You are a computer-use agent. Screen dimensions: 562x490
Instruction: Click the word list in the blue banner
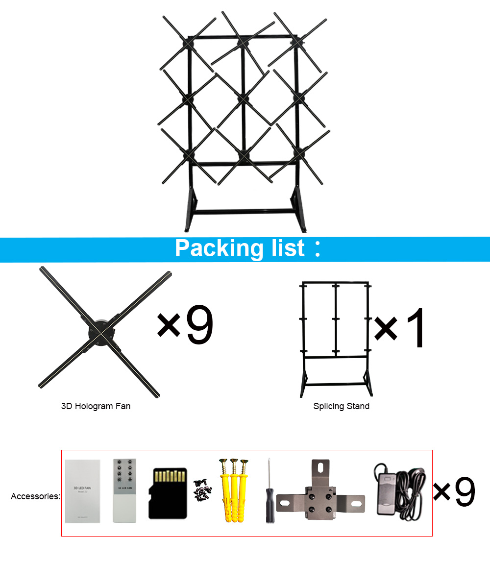pyautogui.click(x=289, y=248)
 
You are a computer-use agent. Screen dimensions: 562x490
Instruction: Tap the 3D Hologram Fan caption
pyautogui.click(x=96, y=406)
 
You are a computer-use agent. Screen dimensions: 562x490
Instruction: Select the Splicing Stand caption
pyautogui.click(x=342, y=406)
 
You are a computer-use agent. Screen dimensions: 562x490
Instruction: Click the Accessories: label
pyautogui.click(x=35, y=496)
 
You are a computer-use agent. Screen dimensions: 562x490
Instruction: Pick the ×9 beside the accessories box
pyautogui.click(x=455, y=492)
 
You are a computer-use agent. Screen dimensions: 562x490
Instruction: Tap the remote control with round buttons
pyautogui.click(x=124, y=490)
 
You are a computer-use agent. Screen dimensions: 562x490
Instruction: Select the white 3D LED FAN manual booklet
pyautogui.click(x=82, y=491)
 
